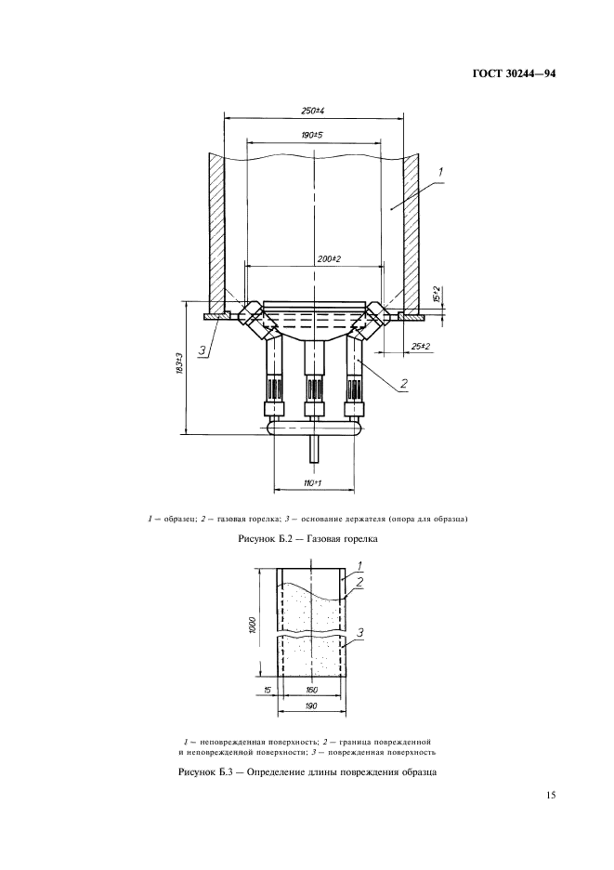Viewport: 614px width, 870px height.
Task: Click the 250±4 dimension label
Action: pos(312,111)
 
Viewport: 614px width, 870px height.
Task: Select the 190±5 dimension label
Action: pos(312,135)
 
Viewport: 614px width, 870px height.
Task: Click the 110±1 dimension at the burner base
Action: pos(313,483)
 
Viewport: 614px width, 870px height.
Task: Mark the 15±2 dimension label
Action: pos(437,294)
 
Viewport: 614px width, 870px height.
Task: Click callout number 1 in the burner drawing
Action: pos(440,173)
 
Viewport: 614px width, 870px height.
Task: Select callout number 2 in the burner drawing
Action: pos(404,383)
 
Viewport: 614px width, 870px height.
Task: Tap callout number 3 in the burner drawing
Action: pos(203,350)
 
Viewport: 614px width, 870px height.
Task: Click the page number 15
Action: pos(550,795)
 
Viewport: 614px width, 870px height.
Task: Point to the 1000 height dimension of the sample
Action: pos(253,625)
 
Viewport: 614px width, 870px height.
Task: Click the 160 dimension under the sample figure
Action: pos(312,691)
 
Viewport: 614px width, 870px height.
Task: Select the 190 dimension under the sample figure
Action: pos(311,706)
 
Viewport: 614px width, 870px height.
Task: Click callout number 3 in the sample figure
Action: pos(360,632)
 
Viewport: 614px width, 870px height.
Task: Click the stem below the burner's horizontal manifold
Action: pos(314,449)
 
